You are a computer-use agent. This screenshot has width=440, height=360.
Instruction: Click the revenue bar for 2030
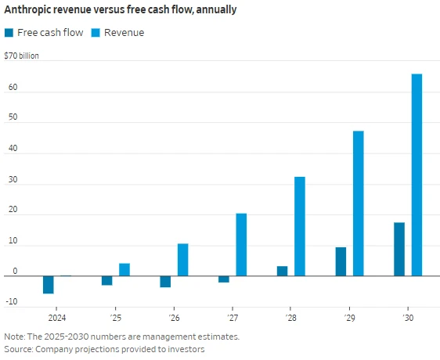(417, 175)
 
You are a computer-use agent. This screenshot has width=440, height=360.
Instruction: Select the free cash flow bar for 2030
(399, 249)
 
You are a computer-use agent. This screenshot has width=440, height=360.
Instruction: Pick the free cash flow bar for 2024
(49, 284)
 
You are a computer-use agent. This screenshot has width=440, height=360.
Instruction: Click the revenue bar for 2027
(241, 244)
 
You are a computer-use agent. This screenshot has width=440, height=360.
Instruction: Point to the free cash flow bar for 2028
(282, 271)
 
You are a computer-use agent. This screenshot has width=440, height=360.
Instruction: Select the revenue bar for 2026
(182, 260)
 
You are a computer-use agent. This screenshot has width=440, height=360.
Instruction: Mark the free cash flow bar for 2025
(107, 280)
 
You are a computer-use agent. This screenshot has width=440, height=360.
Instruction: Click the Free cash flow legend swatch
(9, 33)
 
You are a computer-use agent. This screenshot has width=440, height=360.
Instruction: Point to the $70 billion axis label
(22, 56)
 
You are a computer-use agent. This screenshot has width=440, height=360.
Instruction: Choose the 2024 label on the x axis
(57, 319)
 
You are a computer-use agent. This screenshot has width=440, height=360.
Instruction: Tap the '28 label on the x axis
(290, 319)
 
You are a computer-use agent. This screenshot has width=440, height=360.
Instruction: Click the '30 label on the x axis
(408, 319)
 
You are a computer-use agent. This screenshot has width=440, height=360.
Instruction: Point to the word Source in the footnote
(19, 348)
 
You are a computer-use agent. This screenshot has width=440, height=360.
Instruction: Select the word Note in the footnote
(15, 336)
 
